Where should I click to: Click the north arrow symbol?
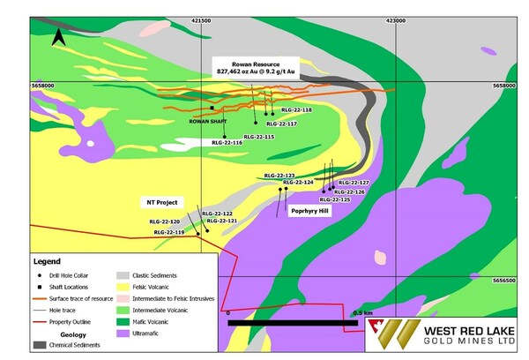(58, 36)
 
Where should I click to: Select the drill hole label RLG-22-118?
(296, 110)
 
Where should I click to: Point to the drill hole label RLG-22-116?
(227, 142)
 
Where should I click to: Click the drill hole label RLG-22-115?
(258, 137)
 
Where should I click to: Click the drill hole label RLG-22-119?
(168, 232)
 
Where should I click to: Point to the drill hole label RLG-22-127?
(353, 183)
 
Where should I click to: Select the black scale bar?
(292, 323)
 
